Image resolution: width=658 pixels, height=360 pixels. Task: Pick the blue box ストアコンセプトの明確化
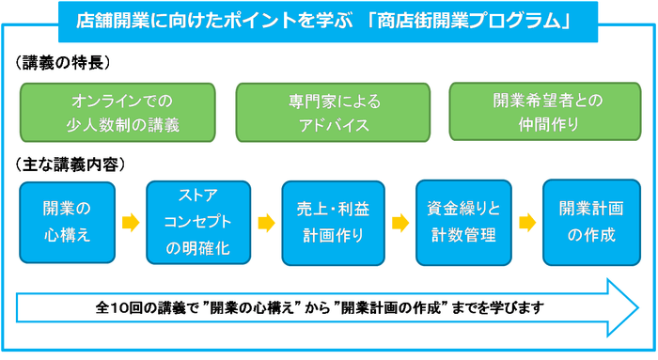pos(197,223)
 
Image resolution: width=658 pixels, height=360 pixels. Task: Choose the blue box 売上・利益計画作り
pos(333,223)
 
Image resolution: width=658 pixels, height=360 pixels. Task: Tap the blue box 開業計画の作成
pos(591,223)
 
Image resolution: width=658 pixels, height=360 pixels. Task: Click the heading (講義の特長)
pos(65,63)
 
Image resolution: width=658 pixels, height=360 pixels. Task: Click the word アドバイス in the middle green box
pos(329,124)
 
